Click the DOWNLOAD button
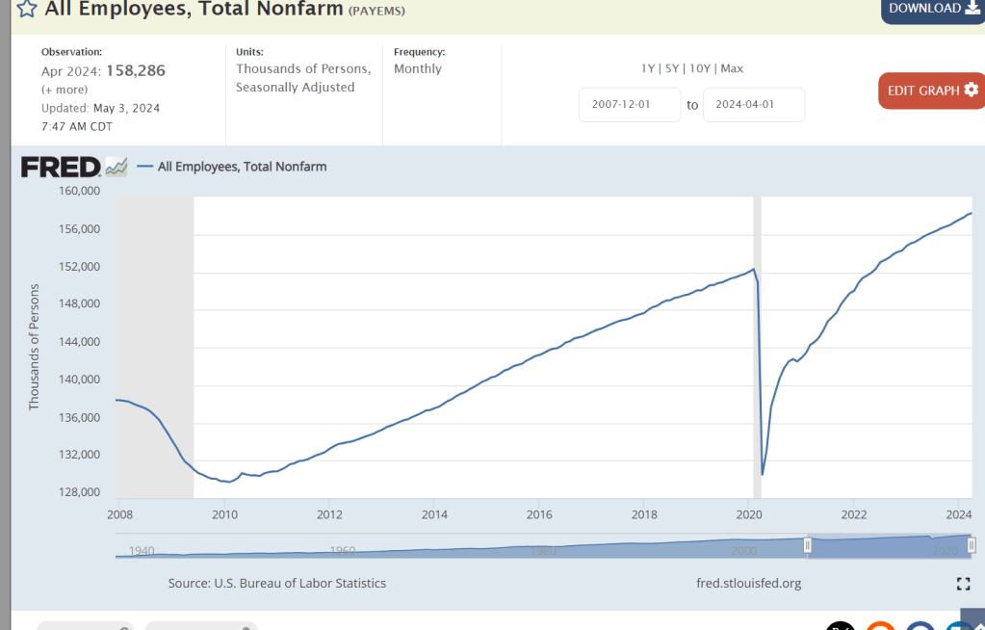tap(930, 9)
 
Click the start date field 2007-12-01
tap(630, 105)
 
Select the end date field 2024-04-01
tap(754, 105)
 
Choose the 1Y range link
tap(648, 68)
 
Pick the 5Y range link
tap(671, 68)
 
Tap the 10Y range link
tap(699, 68)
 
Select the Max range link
tap(732, 68)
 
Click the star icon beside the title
tap(27, 10)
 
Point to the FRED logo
tap(62, 167)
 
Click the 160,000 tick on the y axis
tap(80, 191)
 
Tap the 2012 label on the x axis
tap(329, 514)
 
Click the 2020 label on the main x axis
tap(749, 514)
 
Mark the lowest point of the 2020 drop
tap(763, 475)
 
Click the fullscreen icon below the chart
tap(963, 583)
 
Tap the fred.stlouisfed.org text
tap(748, 583)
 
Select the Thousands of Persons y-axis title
tap(35, 347)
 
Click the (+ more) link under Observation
tap(65, 90)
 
